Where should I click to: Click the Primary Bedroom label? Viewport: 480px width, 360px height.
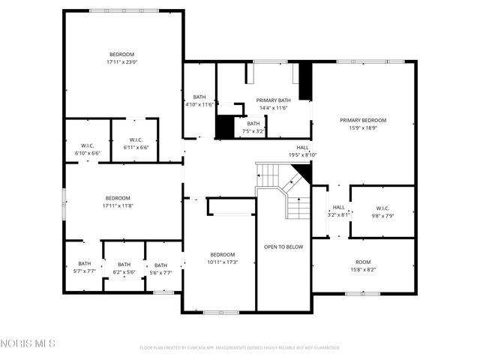(362, 120)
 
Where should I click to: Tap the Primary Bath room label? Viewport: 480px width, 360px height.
(273, 100)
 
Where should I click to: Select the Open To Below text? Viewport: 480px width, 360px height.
(283, 247)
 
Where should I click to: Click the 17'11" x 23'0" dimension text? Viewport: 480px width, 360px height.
(122, 62)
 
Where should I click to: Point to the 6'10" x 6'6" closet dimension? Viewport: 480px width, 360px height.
(87, 152)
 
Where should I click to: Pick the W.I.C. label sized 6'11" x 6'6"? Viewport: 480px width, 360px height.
(136, 139)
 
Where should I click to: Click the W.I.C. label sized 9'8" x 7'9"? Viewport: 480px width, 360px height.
(382, 208)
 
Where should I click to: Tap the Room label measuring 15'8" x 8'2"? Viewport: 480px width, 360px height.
(363, 262)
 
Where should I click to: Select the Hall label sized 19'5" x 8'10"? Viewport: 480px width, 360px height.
(302, 148)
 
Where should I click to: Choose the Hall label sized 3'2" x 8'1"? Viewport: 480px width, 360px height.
(338, 208)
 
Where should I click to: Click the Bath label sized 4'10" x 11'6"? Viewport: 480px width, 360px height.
(199, 97)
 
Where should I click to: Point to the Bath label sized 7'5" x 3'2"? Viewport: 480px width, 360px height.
(253, 124)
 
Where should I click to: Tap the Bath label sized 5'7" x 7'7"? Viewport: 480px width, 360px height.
(84, 264)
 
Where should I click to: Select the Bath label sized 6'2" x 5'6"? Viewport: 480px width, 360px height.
(124, 264)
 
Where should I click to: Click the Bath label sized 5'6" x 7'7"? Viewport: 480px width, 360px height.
(160, 265)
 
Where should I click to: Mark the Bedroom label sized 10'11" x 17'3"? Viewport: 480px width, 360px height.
(223, 254)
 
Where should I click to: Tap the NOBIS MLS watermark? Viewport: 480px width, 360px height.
(28, 343)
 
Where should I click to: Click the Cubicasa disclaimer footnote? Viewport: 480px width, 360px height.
(240, 348)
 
